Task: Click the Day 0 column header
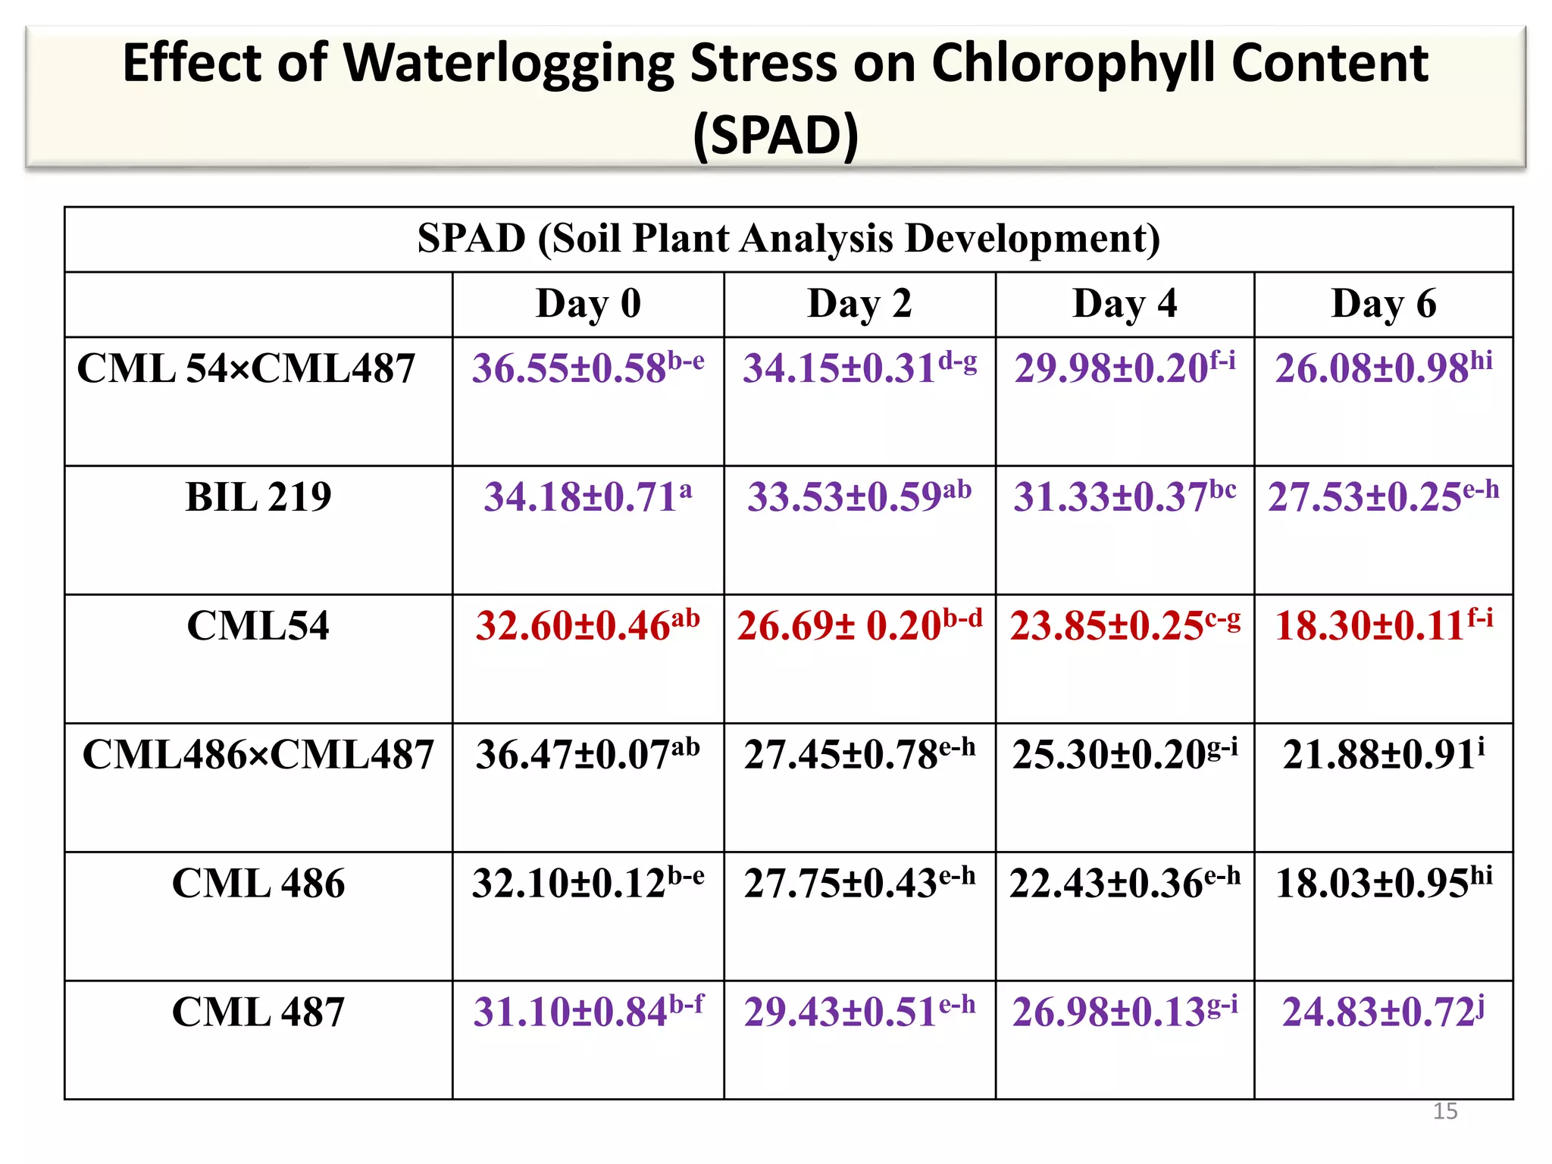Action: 588,304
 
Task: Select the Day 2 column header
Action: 859,304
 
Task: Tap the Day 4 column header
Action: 1125,304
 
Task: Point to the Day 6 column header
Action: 1383,304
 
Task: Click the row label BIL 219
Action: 258,498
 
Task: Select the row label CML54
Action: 258,626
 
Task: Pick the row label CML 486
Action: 258,884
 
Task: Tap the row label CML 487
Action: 258,1012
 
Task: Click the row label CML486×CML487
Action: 258,755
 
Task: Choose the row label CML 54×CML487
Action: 246,369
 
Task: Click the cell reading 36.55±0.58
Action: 588,369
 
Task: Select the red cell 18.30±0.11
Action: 1383,626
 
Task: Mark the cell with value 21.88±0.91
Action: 1383,755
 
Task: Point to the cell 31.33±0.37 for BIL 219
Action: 1125,498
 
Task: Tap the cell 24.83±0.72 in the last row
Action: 1383,1012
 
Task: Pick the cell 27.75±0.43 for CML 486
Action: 859,884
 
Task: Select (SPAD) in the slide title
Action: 775,136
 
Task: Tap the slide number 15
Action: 1444,1111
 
